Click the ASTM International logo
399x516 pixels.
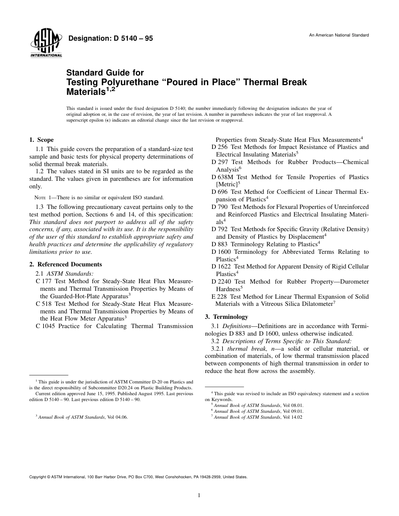(46, 44)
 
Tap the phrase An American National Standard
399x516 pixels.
(339, 35)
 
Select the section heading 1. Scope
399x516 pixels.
(41, 140)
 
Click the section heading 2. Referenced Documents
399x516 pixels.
(66, 264)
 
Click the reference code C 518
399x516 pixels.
(44, 303)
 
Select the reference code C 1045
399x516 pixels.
(45, 326)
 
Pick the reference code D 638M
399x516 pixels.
(222, 177)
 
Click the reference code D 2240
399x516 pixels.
(221, 281)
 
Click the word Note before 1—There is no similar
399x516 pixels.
(40, 198)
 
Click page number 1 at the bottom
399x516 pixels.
(199, 495)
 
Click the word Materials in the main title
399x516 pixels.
(87, 91)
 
